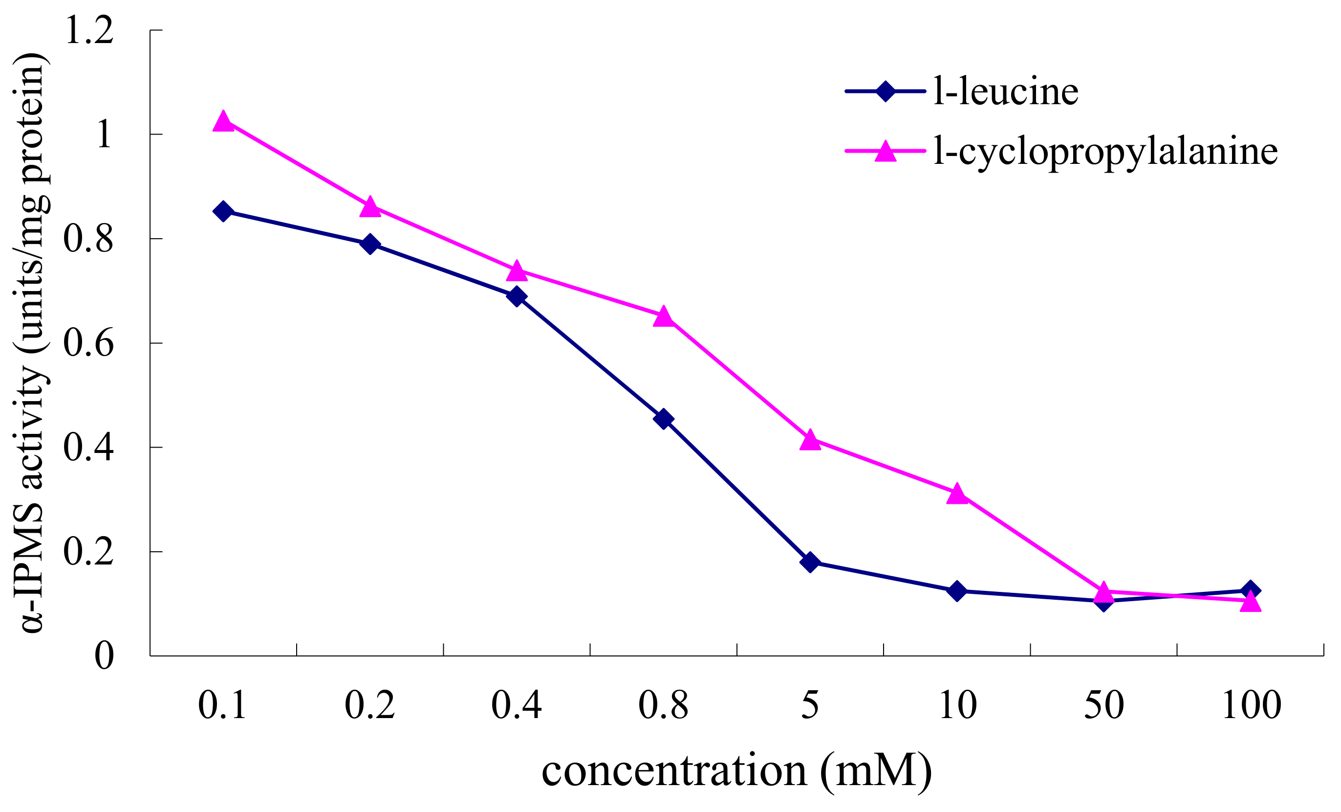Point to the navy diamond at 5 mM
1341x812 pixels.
pyautogui.click(x=810, y=562)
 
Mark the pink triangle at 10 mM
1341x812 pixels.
pyautogui.click(x=957, y=495)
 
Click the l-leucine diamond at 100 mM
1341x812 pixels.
pyautogui.click(x=1251, y=590)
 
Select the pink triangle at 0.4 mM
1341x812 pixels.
pyautogui.click(x=517, y=271)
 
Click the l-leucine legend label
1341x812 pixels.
pyautogui.click(x=1005, y=91)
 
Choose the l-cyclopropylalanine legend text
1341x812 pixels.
pyautogui.click(x=1105, y=152)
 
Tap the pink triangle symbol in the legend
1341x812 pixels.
pyautogui.click(x=886, y=152)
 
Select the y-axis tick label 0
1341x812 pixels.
pyautogui.click(x=104, y=655)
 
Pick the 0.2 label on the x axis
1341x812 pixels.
pyautogui.click(x=369, y=705)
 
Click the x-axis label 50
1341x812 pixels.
pyautogui.click(x=1103, y=705)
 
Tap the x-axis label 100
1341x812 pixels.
pyautogui.click(x=1252, y=705)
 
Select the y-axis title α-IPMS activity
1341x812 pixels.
pyautogui.click(x=32, y=343)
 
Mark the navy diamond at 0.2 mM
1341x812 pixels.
pyautogui.click(x=370, y=244)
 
